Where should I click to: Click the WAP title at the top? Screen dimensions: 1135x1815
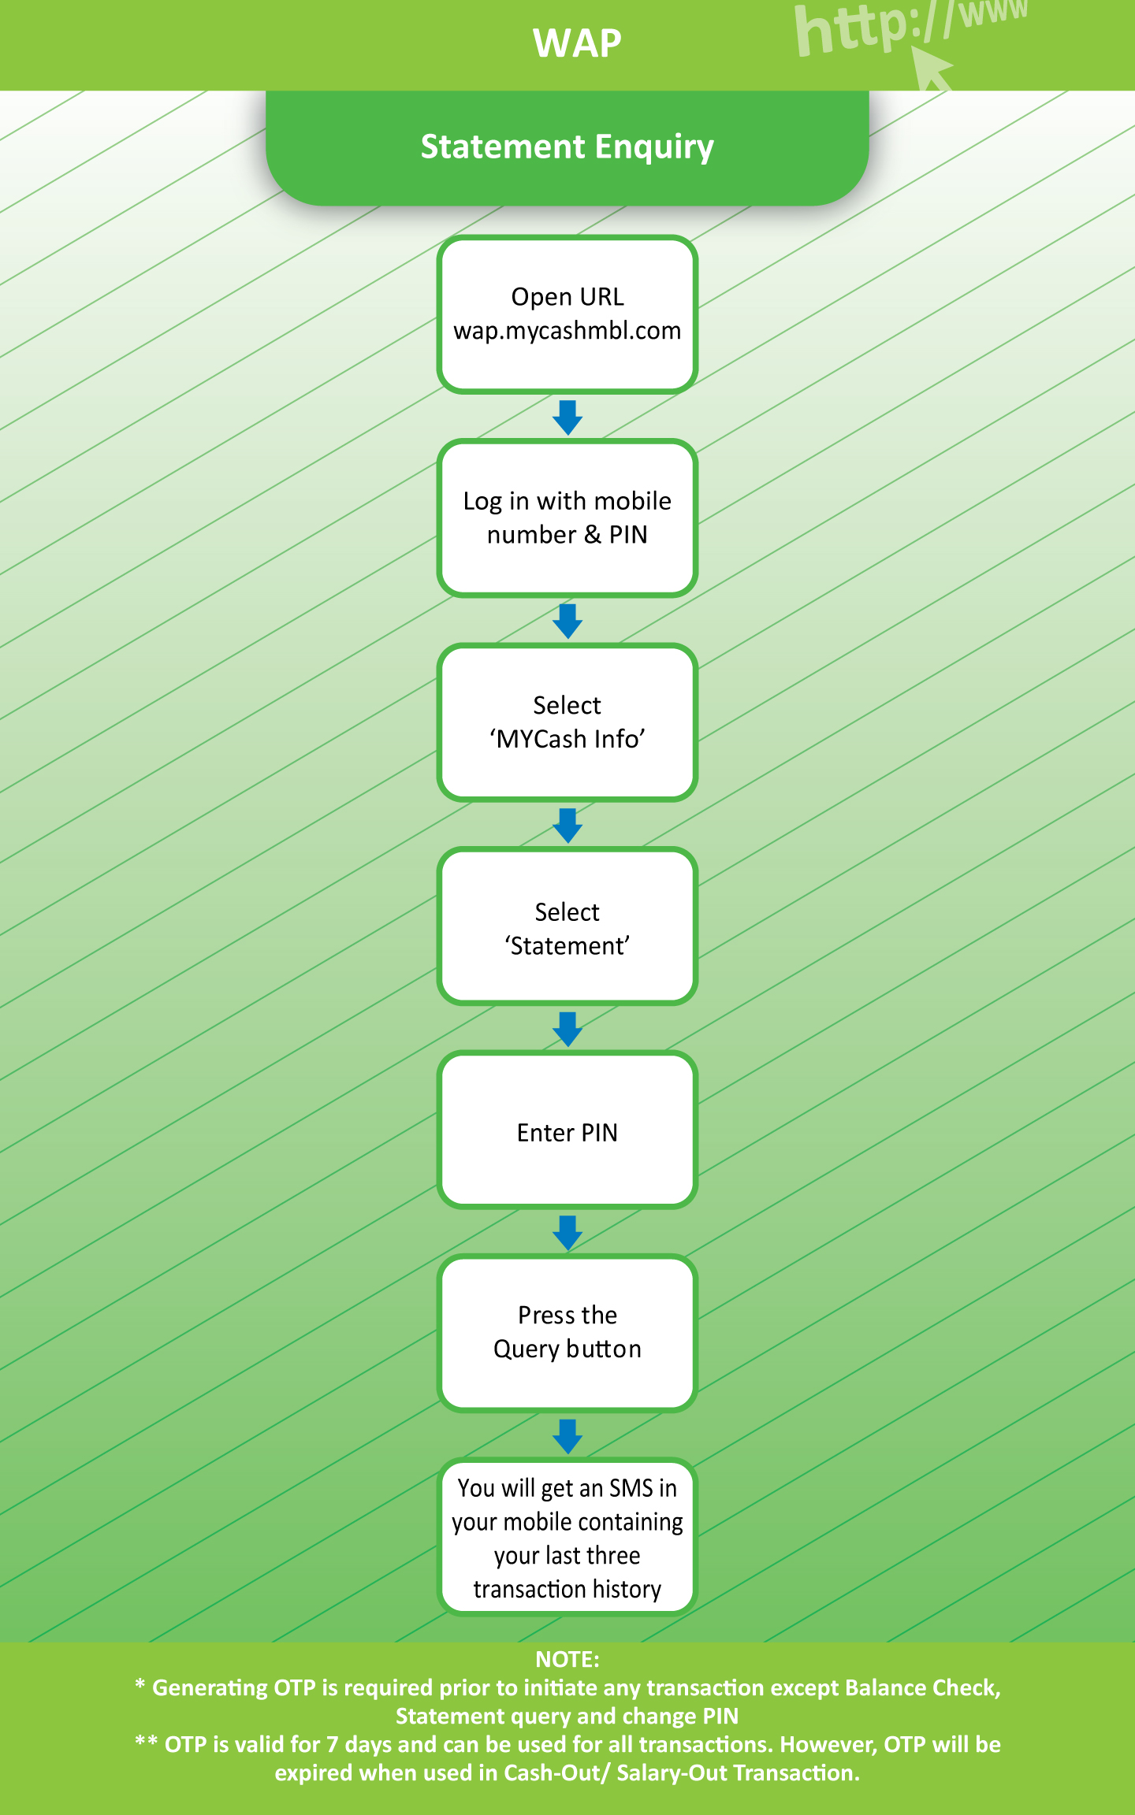(577, 43)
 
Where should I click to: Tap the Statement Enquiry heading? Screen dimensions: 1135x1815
(567, 147)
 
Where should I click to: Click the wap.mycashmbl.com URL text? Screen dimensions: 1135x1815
(567, 331)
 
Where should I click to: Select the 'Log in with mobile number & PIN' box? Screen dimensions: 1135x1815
(567, 518)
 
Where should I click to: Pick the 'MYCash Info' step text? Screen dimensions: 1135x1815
(567, 739)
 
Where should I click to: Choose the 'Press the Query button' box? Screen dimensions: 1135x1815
(567, 1333)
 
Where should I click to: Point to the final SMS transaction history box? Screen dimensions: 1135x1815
(567, 1537)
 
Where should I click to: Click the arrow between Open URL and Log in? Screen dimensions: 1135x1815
(567, 418)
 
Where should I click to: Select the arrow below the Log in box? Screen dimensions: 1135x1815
(567, 622)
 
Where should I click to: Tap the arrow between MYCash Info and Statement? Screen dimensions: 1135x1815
(567, 826)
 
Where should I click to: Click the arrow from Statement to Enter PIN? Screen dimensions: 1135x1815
(567, 1030)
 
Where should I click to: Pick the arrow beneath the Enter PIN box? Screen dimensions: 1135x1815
(567, 1233)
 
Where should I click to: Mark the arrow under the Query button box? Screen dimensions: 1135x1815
(567, 1437)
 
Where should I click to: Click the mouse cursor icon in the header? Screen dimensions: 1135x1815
(931, 69)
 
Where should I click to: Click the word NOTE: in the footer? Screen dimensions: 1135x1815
(567, 1659)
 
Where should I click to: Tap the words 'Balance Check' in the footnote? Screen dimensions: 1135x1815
(922, 1687)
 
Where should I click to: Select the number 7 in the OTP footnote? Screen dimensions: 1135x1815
(333, 1744)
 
